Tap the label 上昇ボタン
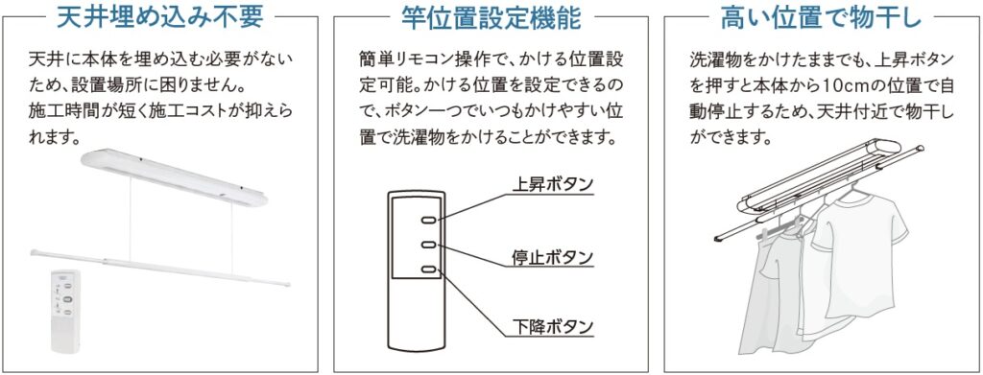pyautogui.click(x=552, y=184)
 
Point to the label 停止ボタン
pyautogui.click(x=552, y=257)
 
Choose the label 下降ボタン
pyautogui.click(x=552, y=326)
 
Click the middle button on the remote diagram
pyautogui.click(x=429, y=245)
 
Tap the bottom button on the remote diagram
pyautogui.click(x=429, y=270)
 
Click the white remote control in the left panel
pyautogui.click(x=66, y=311)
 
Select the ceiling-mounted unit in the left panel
pyautogui.click(x=175, y=176)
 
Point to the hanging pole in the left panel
pyautogui.click(x=160, y=268)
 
